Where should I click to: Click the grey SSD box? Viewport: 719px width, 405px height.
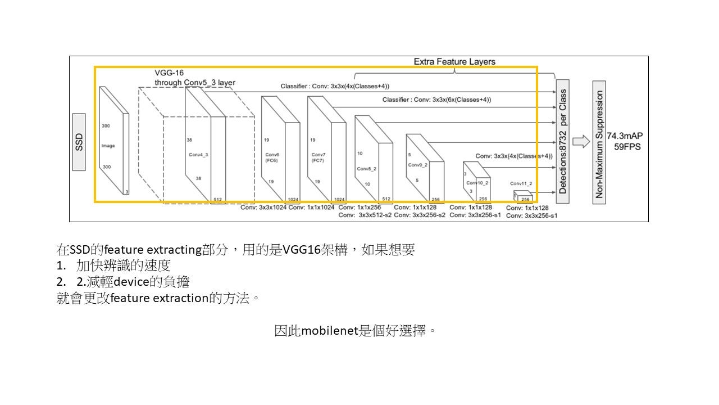pyautogui.click(x=79, y=142)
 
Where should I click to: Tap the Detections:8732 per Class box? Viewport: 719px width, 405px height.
pyautogui.click(x=563, y=141)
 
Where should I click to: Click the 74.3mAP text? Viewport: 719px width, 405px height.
pyautogui.click(x=625, y=136)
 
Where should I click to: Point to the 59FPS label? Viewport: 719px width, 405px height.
pyautogui.click(x=627, y=147)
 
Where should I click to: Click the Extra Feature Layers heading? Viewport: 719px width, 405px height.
pyautogui.click(x=454, y=61)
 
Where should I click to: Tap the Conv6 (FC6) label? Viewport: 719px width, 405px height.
pyautogui.click(x=272, y=157)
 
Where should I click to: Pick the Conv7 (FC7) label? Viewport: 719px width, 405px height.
pyautogui.click(x=318, y=157)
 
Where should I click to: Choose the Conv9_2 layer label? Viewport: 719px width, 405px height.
pyautogui.click(x=417, y=165)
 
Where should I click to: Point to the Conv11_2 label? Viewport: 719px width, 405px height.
pyautogui.click(x=521, y=183)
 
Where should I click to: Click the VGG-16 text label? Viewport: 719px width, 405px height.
pyautogui.click(x=169, y=73)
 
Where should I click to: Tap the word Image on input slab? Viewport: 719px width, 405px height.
pyautogui.click(x=108, y=146)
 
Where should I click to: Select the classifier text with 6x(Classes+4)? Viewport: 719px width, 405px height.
pyautogui.click(x=436, y=100)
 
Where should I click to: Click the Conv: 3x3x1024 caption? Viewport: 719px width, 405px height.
pyautogui.click(x=263, y=208)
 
